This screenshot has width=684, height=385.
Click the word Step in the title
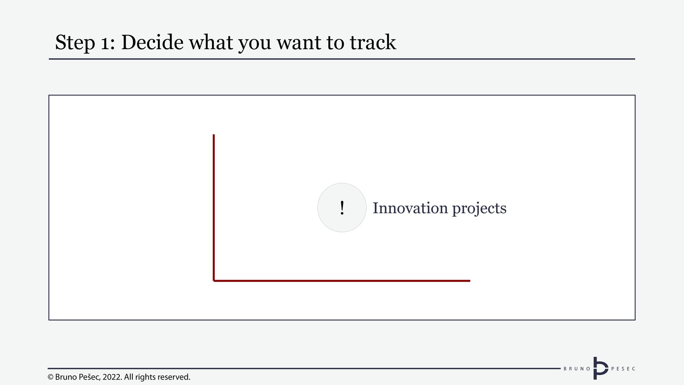(x=75, y=43)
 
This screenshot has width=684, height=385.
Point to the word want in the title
(x=299, y=43)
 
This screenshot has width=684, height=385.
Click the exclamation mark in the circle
(x=342, y=208)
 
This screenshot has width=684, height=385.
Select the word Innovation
(x=410, y=208)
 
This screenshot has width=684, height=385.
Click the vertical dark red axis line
(x=214, y=208)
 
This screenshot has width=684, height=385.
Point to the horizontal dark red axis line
(x=342, y=281)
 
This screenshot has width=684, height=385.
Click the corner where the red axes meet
(x=214, y=281)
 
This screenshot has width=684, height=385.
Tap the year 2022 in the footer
(x=111, y=377)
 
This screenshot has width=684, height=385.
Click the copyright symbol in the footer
(x=51, y=377)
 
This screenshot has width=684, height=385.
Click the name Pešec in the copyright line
(x=90, y=377)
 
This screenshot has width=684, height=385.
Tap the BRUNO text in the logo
(x=577, y=369)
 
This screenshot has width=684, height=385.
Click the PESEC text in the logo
(x=623, y=369)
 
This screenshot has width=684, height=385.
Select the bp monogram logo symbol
(x=601, y=368)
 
